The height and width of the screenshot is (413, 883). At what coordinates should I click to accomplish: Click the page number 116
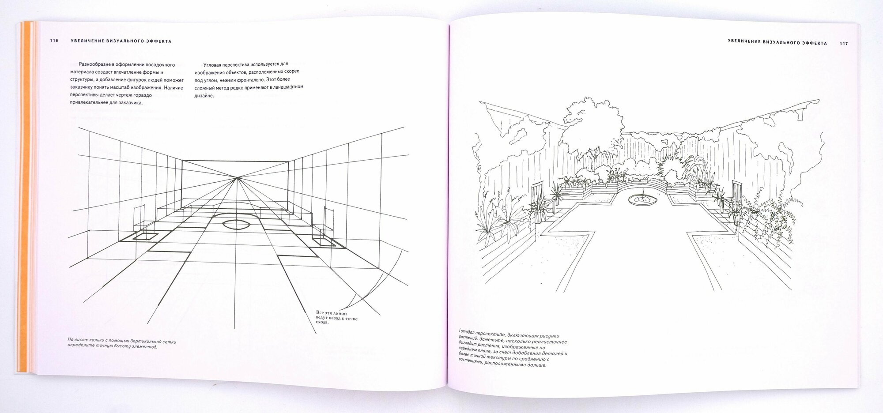point(54,41)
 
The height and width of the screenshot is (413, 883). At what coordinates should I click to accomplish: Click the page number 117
point(844,43)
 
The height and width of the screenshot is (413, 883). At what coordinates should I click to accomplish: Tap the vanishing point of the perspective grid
point(238,178)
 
